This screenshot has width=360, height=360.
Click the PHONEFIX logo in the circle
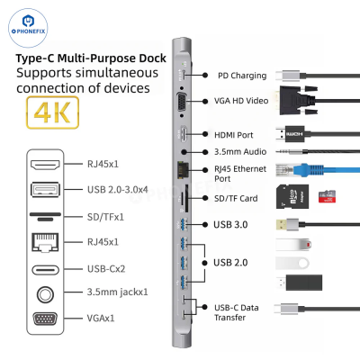(28, 28)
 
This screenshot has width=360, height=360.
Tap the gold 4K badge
(53, 112)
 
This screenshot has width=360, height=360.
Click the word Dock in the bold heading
(152, 58)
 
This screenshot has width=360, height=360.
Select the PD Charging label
(242, 76)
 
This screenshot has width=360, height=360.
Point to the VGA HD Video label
(241, 101)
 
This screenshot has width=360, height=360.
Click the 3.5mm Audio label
(240, 152)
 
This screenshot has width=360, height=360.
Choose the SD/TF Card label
(236, 198)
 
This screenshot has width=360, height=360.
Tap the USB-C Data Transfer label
(237, 312)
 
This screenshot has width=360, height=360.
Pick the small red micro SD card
(327, 197)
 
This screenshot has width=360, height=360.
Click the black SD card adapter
(292, 196)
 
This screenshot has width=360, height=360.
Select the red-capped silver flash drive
(293, 245)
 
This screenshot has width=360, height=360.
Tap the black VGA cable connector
(299, 101)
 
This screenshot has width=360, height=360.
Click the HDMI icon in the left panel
(45, 165)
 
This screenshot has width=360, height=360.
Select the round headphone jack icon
(45, 294)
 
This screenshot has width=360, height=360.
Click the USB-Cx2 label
(106, 269)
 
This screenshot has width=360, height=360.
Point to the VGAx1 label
(101, 318)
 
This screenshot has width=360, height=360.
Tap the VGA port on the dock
(182, 102)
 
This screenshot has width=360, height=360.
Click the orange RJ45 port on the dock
(181, 170)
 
